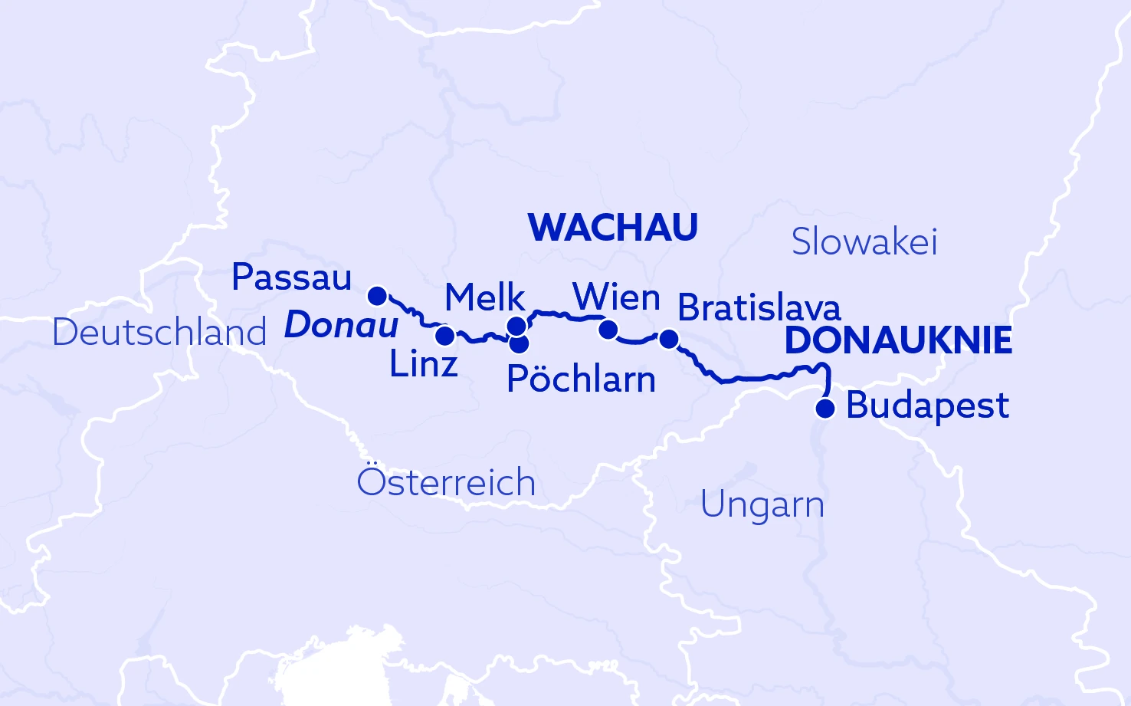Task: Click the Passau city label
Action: pos(291,277)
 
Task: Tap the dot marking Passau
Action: pos(377,296)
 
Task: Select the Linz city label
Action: pos(423,364)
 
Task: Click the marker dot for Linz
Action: pos(444,336)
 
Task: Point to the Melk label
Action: pos(484,297)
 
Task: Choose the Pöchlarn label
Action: pos(581,379)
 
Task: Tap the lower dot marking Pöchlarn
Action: pos(519,343)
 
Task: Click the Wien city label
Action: pos(616,297)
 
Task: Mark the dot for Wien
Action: pos(608,330)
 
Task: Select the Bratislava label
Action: pos(759,308)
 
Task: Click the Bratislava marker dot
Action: pos(668,338)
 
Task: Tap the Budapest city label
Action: pos(927,406)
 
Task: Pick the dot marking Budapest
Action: pos(824,409)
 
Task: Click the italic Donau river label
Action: pos(341,326)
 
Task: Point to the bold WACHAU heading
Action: pos(613,228)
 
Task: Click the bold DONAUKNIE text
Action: pos(898,341)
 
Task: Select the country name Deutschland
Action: pos(159,333)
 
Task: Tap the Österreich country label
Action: pos(446,482)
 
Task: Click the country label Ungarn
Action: pos(762,505)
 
